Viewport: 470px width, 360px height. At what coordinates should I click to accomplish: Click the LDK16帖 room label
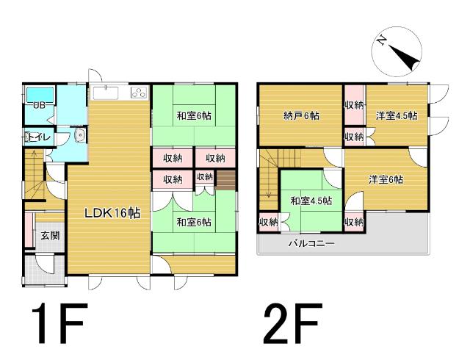point(112,213)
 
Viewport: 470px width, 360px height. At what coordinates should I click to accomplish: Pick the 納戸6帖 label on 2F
point(301,115)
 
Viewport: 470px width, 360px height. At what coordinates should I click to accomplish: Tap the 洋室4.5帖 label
point(397,115)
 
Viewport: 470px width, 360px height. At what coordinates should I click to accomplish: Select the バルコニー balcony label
point(311,242)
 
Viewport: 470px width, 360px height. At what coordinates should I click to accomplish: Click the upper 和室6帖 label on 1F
point(194,115)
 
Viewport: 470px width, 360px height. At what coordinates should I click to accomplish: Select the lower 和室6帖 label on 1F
point(194,221)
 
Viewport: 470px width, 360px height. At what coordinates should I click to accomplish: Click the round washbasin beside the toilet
point(79,138)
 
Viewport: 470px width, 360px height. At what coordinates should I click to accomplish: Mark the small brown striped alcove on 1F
point(226,179)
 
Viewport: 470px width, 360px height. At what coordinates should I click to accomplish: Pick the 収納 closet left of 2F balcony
point(268,222)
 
